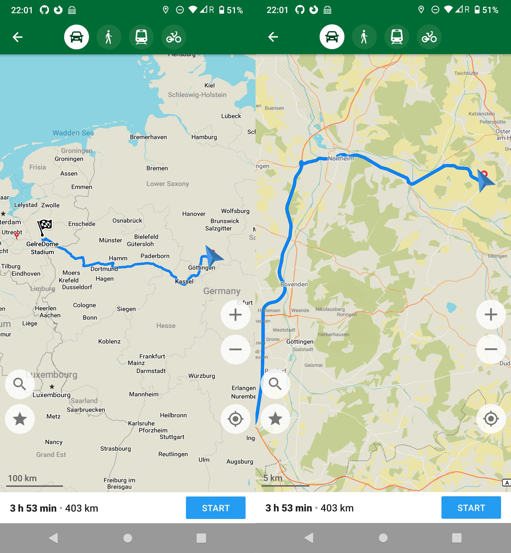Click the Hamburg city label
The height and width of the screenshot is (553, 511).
(204, 137)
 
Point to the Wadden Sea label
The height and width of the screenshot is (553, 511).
(73, 133)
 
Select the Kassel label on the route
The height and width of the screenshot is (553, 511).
(184, 281)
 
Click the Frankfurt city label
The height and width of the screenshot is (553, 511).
(152, 356)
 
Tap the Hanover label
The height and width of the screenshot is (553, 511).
(194, 214)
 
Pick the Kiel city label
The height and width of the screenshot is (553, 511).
(209, 85)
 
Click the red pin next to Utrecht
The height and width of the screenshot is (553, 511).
(17, 235)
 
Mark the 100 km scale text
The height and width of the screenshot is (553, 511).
(22, 478)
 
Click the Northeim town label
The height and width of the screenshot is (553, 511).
(341, 159)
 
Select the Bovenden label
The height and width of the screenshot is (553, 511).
(294, 284)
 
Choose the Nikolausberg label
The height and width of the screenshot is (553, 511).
(330, 309)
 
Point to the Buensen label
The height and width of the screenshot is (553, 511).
(274, 108)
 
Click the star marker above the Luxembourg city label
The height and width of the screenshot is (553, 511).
(52, 386)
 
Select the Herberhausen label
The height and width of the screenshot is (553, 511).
(334, 334)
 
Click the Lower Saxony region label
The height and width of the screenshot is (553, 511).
(167, 184)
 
